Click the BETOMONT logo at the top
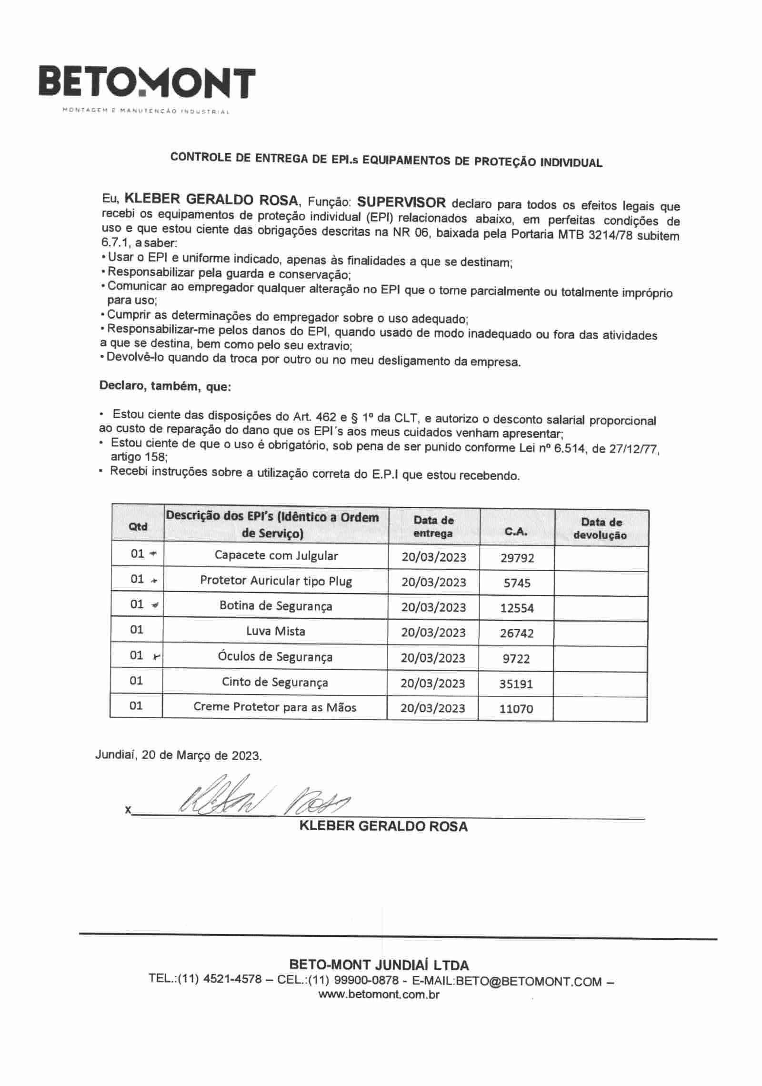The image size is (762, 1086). [x=147, y=84]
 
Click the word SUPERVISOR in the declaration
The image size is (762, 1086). [x=401, y=202]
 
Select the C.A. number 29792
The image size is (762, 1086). [x=517, y=558]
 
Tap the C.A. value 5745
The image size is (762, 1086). [x=517, y=583]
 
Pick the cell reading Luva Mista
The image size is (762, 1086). [x=276, y=632]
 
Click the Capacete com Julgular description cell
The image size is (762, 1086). [x=276, y=555]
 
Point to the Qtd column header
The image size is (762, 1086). [x=138, y=526]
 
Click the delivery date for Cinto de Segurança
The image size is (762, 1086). [x=432, y=683]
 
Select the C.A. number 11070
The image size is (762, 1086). [x=516, y=709]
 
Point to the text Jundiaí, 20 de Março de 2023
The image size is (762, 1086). [x=179, y=755]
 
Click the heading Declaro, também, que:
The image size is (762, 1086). [x=165, y=386]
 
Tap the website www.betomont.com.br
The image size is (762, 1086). [x=379, y=995]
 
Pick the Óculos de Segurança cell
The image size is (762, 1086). [x=275, y=657]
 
